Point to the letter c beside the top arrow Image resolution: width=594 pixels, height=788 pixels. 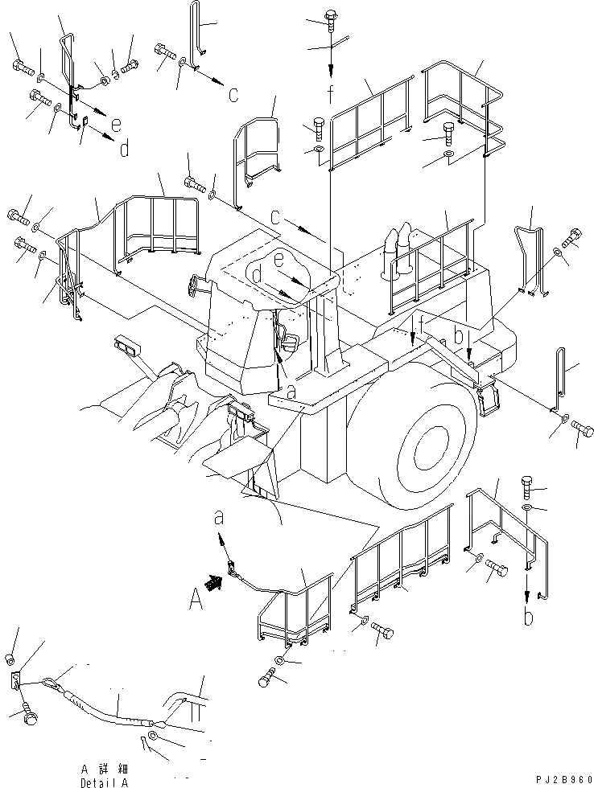pos(233,94)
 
